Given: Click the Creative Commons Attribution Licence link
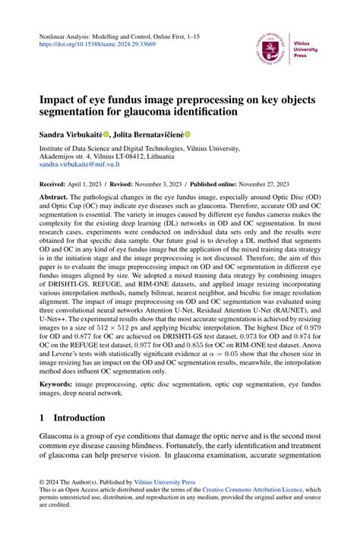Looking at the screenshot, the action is (x=255, y=491).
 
